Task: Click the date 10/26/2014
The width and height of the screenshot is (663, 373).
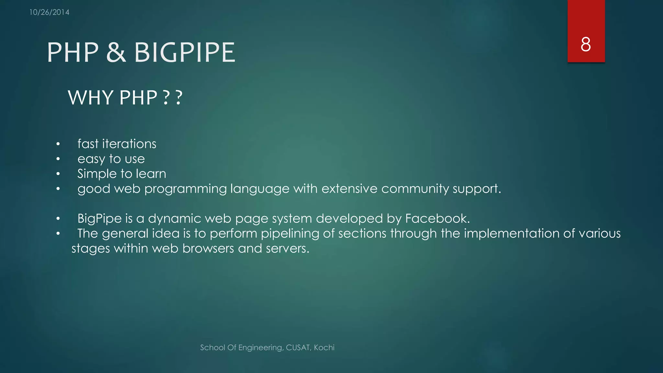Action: click(x=49, y=12)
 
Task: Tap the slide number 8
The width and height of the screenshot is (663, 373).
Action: click(x=586, y=44)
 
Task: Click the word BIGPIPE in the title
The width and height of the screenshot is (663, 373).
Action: click(x=185, y=52)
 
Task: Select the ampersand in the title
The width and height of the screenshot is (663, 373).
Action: click(x=116, y=52)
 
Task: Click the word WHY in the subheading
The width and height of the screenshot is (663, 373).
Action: click(x=91, y=97)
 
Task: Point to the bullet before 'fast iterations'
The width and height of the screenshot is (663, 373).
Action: click(x=58, y=144)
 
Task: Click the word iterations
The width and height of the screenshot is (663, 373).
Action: click(x=129, y=144)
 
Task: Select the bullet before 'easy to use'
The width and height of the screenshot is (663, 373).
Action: click(x=58, y=159)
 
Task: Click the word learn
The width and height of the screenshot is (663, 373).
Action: click(x=151, y=174)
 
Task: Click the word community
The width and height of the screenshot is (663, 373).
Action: click(x=415, y=189)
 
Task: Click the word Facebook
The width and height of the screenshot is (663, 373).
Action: click(x=437, y=219)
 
